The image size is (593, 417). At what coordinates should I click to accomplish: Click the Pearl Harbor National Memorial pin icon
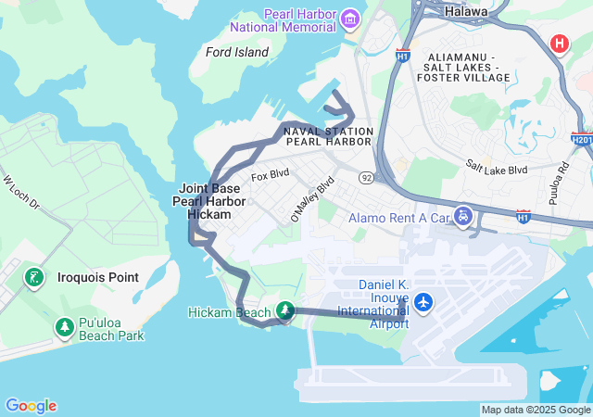pos(350,19)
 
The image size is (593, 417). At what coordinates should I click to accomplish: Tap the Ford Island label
pos(237,52)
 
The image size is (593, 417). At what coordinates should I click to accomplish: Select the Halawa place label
pos(464,11)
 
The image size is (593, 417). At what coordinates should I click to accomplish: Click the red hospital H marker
pos(560,43)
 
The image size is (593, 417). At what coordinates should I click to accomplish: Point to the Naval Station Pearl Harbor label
pos(328,136)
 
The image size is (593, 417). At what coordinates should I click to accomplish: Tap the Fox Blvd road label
pos(271,173)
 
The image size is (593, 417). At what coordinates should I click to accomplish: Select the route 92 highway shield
pos(368,177)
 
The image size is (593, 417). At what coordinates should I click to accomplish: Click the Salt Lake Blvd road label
pos(497,169)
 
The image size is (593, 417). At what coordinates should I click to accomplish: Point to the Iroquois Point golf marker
pos(34,276)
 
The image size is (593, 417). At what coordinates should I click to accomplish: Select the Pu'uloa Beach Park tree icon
pos(64,327)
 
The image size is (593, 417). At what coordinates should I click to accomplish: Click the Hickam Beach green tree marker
pos(286,311)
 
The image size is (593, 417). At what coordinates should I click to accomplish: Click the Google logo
pos(31,406)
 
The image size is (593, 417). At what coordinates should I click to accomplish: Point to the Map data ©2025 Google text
pos(536,410)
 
